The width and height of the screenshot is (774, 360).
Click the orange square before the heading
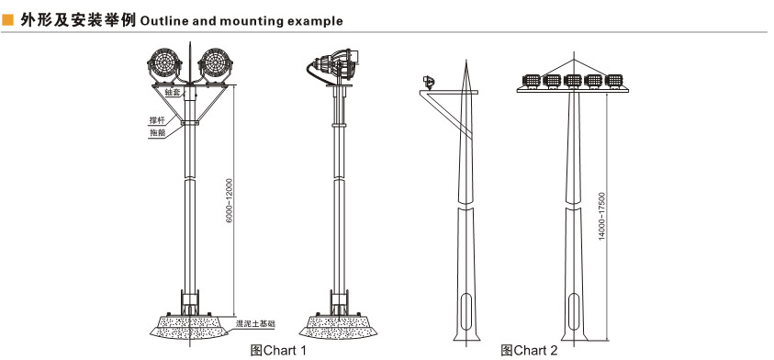coord(8,20)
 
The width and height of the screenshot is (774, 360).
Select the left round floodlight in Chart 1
coord(165,64)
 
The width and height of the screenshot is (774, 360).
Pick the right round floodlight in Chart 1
coord(215,64)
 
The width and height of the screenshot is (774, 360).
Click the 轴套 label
coord(173,93)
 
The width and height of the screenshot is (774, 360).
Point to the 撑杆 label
coord(158,120)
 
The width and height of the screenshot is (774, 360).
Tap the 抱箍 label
coord(158,133)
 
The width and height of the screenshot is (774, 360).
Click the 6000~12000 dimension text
coord(229,200)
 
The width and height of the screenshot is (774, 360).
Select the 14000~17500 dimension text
coord(601,217)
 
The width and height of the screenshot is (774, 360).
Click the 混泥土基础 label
coord(255,324)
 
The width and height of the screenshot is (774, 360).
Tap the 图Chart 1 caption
coord(278,351)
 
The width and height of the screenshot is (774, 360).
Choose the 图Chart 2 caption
coord(529,351)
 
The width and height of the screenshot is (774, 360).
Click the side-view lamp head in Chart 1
coord(333,64)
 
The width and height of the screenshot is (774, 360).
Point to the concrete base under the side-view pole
coord(338,326)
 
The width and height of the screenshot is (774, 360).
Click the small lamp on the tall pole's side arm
coord(429,83)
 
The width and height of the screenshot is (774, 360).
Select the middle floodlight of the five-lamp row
coord(573,81)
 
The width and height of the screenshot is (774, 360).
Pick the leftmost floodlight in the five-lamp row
coord(531,81)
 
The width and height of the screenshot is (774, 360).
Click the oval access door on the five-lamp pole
coord(573,311)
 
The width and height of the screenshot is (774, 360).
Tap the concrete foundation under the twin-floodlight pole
coord(189,326)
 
